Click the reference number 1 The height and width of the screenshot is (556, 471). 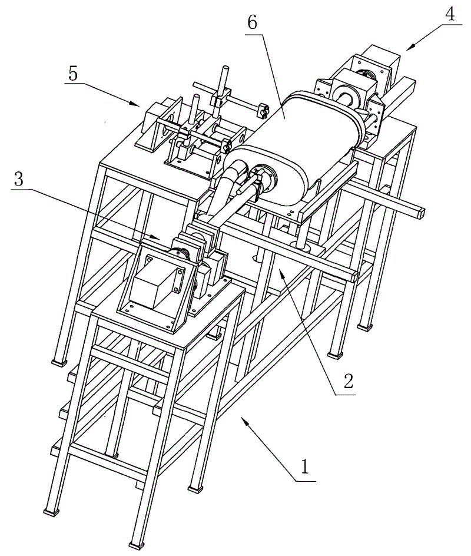pos(305,468)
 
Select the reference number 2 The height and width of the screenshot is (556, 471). pos(347,382)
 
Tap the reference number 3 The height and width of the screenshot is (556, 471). pos(19,179)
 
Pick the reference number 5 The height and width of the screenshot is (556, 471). pos(72,76)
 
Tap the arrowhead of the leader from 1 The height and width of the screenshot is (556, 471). pos(241,418)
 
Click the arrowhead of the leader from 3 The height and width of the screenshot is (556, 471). pos(160,238)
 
